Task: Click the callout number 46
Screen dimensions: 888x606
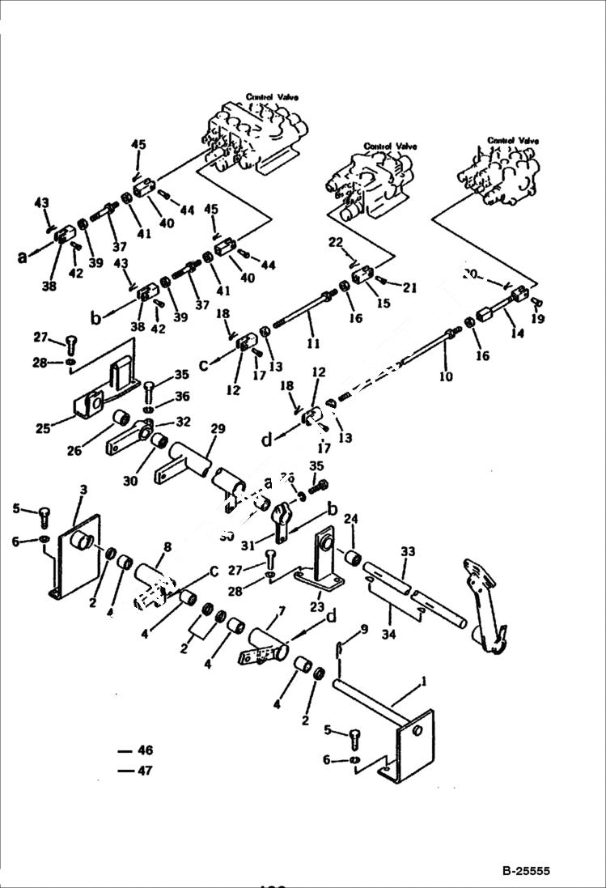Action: point(145,751)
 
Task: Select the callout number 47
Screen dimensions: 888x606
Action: point(145,771)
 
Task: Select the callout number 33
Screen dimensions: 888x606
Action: point(407,551)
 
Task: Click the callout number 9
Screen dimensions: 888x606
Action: point(364,628)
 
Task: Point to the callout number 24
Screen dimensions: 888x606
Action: point(350,519)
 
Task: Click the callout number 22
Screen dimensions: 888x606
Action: point(337,242)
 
